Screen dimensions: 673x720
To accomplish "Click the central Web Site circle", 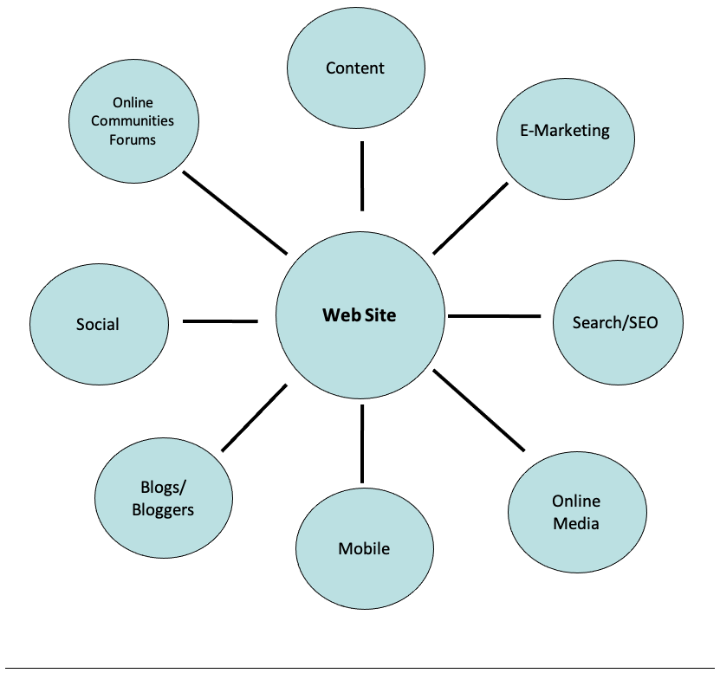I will pos(360,316).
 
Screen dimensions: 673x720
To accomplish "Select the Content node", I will pos(355,68).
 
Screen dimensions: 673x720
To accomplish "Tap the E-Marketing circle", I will pos(565,132).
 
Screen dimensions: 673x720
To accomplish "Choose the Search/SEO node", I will pos(615,323).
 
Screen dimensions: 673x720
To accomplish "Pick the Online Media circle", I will pos(576,512).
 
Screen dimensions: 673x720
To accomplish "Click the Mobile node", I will pos(364,548).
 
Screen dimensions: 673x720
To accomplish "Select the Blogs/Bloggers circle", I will pos(163,498).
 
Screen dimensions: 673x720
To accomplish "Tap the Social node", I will pos(98,324).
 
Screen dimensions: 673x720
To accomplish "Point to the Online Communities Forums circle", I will pos(133,121).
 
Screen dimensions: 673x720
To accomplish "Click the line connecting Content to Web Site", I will pos(362,176).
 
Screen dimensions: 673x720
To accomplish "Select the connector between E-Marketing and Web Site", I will pos(470,218).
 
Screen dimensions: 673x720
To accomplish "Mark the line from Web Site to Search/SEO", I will pos(494,316).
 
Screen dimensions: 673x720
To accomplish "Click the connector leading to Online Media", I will pos(479,411).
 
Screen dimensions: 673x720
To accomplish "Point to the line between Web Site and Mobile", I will pos(362,443).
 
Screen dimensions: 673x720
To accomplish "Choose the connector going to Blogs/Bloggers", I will pos(254,418).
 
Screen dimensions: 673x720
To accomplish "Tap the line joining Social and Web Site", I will pos(220,321).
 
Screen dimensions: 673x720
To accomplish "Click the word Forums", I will pos(133,139).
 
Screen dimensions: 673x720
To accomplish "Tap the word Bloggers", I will pos(163,509).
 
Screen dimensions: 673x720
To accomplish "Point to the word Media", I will pos(576,523).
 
